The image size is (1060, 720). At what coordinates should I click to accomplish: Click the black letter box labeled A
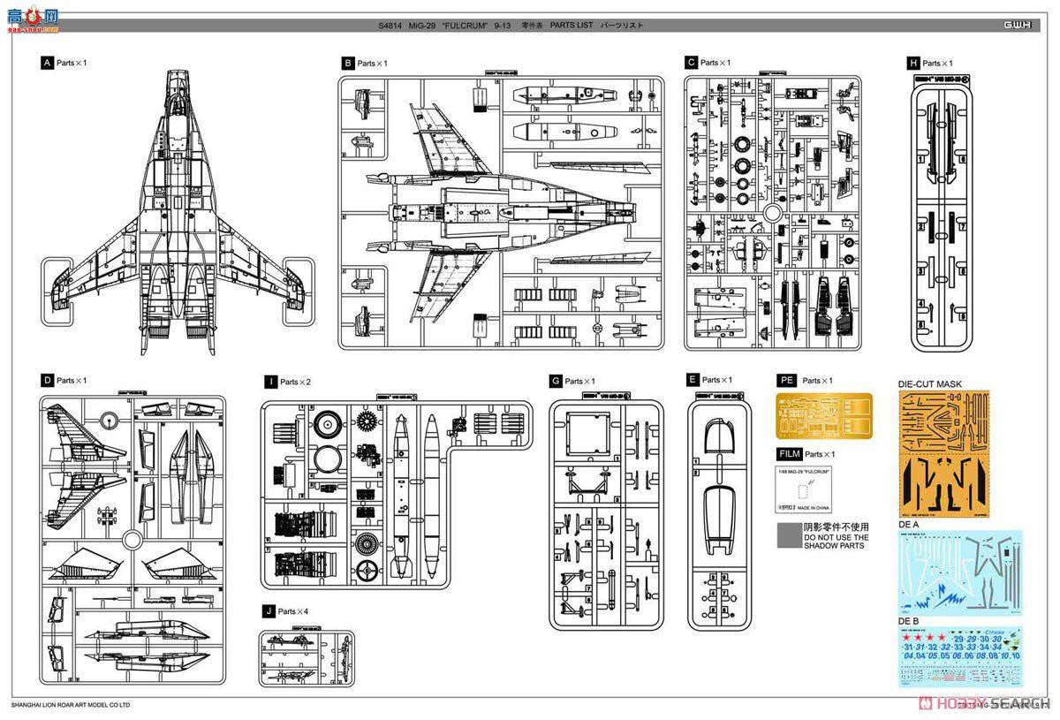[47, 63]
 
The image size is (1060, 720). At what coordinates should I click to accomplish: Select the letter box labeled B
[348, 63]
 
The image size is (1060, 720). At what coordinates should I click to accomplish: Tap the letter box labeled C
[691, 63]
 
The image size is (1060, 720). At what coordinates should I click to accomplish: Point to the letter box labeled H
[912, 63]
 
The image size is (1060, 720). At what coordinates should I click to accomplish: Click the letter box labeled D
[47, 380]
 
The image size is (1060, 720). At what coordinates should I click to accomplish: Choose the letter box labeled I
[270, 382]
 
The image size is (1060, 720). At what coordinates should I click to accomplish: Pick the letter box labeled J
[268, 611]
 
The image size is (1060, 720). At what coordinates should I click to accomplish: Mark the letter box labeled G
[556, 381]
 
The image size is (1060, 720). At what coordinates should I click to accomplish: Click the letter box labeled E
[693, 379]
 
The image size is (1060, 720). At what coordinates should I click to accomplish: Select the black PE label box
[786, 380]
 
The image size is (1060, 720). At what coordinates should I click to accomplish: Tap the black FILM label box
[789, 454]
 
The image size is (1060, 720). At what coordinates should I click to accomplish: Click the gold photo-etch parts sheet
[823, 415]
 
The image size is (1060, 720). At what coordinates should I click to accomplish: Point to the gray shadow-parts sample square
[789, 536]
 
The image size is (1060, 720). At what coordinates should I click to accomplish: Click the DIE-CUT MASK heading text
[929, 384]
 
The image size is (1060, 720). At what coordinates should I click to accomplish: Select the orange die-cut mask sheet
[943, 454]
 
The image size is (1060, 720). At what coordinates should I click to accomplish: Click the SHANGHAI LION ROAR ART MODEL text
[71, 705]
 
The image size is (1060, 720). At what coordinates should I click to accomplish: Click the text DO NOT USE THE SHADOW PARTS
[836, 541]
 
